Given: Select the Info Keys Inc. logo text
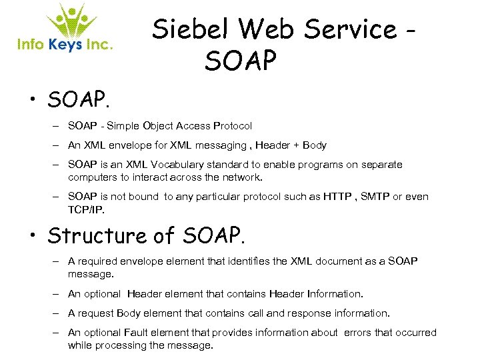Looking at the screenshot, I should [64, 45].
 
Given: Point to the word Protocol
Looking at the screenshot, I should [233, 126].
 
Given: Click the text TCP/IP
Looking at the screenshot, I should [86, 209].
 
